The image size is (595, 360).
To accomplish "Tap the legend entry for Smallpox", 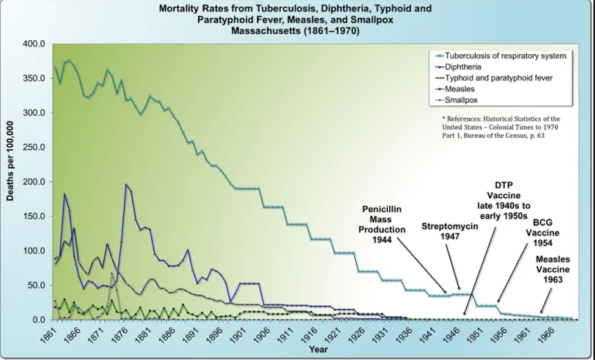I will click(x=470, y=100).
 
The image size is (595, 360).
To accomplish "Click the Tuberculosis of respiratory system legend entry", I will click(x=511, y=57).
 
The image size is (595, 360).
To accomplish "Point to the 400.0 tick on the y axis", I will click(x=35, y=43).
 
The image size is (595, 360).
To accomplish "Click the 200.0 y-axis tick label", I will click(x=35, y=181).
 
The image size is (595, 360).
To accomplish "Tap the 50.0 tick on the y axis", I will click(x=37, y=286).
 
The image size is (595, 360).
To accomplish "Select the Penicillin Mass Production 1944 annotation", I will click(x=385, y=225).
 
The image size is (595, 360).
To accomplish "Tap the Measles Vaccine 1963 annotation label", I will click(x=556, y=269).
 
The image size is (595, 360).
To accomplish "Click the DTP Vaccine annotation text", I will click(x=504, y=200).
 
